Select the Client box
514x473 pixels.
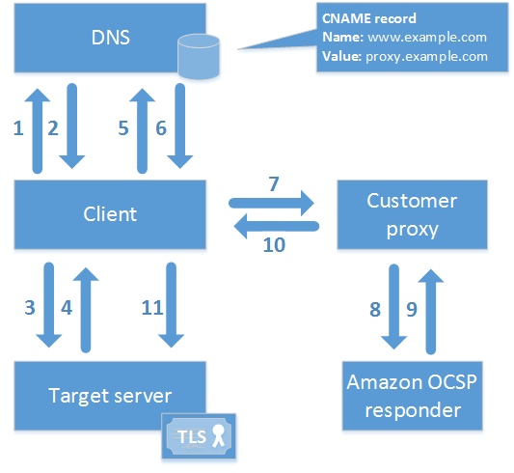coord(110,214)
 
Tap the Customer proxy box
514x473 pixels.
coord(412,214)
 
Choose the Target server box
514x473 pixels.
coord(110,396)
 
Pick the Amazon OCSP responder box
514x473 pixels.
coord(412,396)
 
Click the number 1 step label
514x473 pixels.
coord(16,126)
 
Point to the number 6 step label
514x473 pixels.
coord(160,126)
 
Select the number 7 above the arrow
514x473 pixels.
coord(274,183)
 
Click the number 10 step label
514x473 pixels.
coord(274,244)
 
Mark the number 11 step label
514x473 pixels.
coord(152,308)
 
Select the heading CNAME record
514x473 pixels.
coord(369,19)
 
